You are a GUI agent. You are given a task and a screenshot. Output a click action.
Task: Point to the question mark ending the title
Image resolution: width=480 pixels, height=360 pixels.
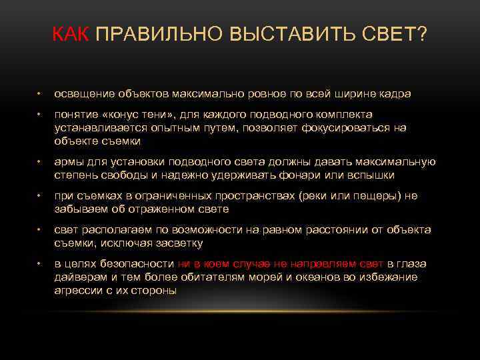[423, 35]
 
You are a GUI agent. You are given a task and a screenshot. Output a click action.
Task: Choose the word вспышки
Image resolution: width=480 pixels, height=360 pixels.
[369, 175]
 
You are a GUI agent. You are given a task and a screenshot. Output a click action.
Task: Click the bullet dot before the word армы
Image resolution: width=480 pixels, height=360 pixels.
[40, 162]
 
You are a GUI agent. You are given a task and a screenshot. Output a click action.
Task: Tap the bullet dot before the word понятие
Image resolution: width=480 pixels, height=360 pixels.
[40, 115]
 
